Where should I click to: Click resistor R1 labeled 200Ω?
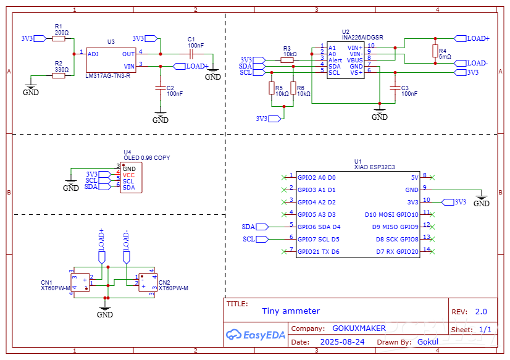pyautogui.click(x=59, y=38)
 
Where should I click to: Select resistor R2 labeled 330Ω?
pyautogui.click(x=59, y=75)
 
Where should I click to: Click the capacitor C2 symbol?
pyautogui.click(x=161, y=88)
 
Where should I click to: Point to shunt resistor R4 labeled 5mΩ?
pyautogui.click(x=435, y=51)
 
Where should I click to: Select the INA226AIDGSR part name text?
pyautogui.click(x=362, y=37)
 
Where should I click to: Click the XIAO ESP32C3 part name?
pyautogui.click(x=374, y=167)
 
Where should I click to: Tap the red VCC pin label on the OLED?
pyautogui.click(x=128, y=175)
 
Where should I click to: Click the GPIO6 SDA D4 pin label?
pyautogui.click(x=319, y=227)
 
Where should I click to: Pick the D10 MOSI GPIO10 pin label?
pyautogui.click(x=391, y=214)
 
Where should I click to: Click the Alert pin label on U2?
pyautogui.click(x=335, y=60)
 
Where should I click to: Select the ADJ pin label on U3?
pyautogui.click(x=93, y=54)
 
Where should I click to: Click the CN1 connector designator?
pyautogui.click(x=46, y=283)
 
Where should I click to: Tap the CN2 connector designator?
pyautogui.click(x=164, y=283)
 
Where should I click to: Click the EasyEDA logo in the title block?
pyautogui.click(x=255, y=335)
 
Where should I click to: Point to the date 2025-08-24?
pyautogui.click(x=342, y=341)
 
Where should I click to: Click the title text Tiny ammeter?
pyautogui.click(x=291, y=311)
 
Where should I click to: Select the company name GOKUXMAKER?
pyautogui.click(x=359, y=329)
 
